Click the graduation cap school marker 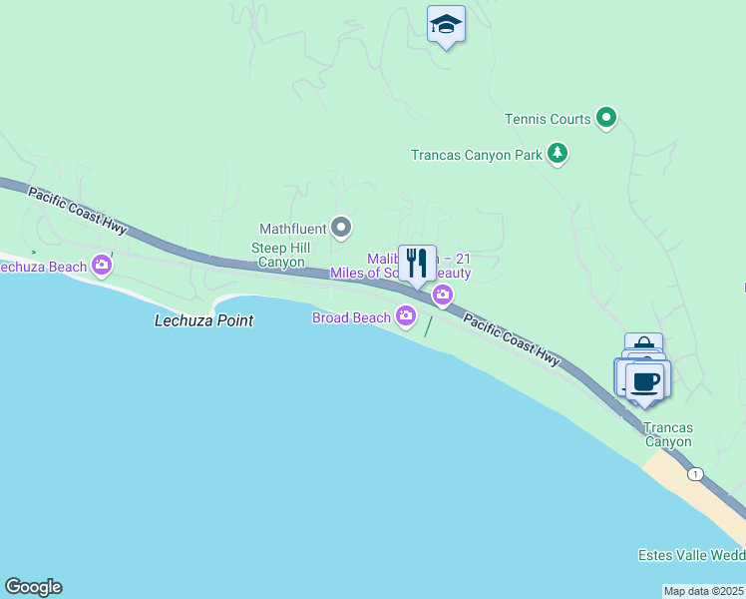(x=446, y=25)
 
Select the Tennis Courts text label (x=548, y=119)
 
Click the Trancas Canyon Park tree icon (x=559, y=154)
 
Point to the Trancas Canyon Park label (x=476, y=155)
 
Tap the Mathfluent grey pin (x=341, y=229)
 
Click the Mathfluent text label (x=293, y=229)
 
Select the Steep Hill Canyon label (x=283, y=255)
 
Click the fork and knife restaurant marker (x=417, y=265)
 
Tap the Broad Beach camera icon (x=405, y=316)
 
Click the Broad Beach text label (x=352, y=317)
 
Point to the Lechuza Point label (x=203, y=320)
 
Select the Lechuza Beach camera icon (x=101, y=266)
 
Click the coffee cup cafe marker (x=646, y=380)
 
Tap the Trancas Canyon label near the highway (x=667, y=434)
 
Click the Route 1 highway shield (x=695, y=473)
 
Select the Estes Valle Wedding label (x=691, y=555)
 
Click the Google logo (x=33, y=587)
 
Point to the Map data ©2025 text (x=704, y=591)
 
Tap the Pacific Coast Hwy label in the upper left (x=77, y=211)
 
